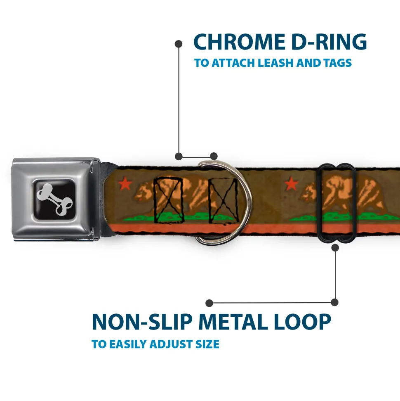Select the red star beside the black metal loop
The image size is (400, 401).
pos(292,183)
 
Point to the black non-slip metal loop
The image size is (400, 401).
pos(337,203)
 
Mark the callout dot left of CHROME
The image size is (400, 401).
pos(179,43)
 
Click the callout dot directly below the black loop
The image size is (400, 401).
pos(335,248)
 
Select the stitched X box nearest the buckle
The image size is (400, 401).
pos(168,199)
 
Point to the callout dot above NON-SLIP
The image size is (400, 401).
pos(209,303)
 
